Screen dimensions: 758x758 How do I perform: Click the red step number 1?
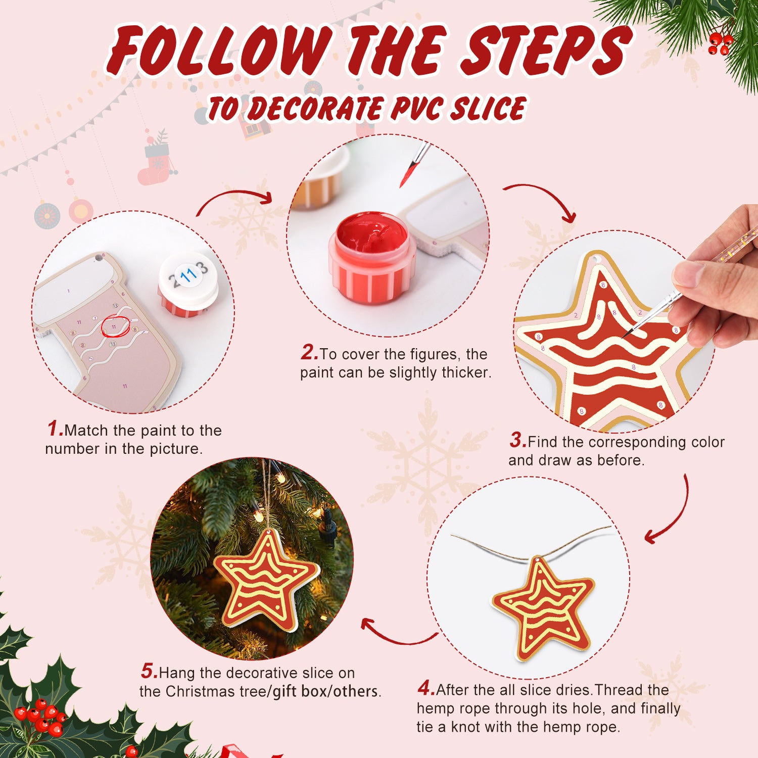click(x=55, y=429)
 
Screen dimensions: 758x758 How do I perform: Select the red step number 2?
click(x=309, y=353)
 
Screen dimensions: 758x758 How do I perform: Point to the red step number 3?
click(x=517, y=440)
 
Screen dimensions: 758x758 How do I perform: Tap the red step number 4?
click(x=425, y=688)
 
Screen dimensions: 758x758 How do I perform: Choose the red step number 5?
click(x=149, y=672)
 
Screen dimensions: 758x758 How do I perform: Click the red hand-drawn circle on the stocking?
click(x=115, y=327)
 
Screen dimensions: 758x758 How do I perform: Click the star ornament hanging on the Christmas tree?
click(x=265, y=581)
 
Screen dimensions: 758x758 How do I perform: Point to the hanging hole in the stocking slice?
click(x=98, y=258)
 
